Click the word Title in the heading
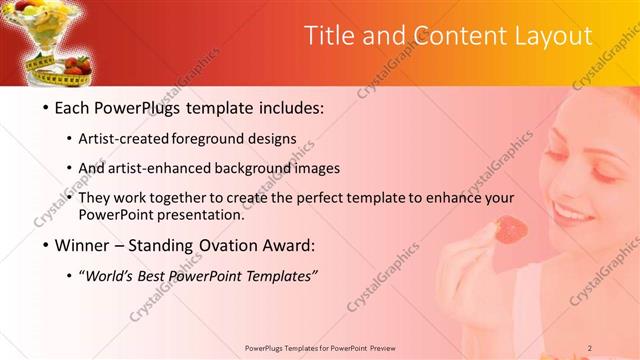[x=329, y=36]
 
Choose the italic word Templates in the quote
[x=280, y=275]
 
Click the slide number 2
[x=590, y=348]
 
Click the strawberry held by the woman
[x=512, y=229]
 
